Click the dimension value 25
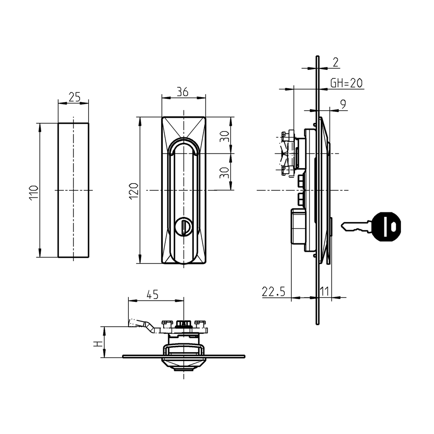[74, 97]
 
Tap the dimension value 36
[183, 92]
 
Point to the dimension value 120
[134, 191]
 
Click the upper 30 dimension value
[225, 136]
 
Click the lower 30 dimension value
[225, 172]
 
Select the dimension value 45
[153, 295]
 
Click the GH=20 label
[347, 83]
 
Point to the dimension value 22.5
[274, 292]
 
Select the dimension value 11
[324, 292]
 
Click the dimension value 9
[342, 104]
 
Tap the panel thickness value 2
[335, 62]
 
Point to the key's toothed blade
[355, 227]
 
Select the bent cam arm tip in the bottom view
[133, 323]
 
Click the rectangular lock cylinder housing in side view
[298, 226]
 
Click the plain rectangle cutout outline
[73, 190]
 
